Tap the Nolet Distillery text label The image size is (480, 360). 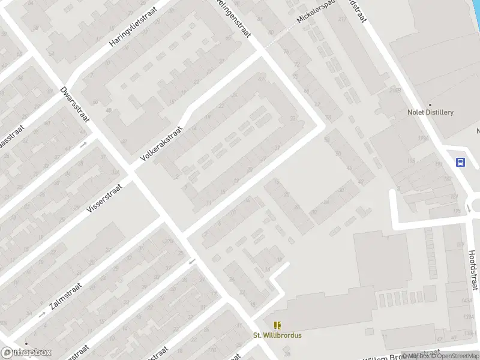click(430, 112)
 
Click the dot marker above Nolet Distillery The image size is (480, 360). click(430, 104)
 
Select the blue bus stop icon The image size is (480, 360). click(460, 162)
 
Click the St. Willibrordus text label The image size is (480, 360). click(277, 335)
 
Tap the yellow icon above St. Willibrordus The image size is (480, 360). click(277, 325)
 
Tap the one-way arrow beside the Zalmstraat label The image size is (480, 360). click(42, 314)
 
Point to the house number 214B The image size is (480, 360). click(394, 90)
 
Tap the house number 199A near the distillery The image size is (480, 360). click(424, 139)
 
